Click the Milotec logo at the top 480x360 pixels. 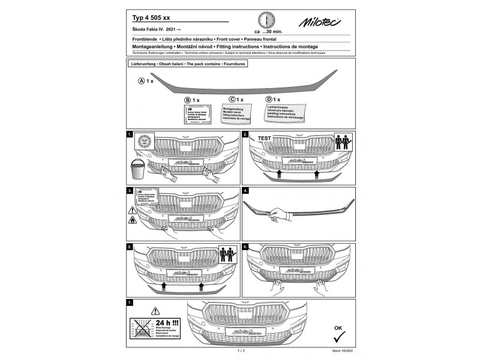point(322,22)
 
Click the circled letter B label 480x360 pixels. point(188,100)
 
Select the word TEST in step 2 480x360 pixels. point(265,138)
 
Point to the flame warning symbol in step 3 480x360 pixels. point(131,221)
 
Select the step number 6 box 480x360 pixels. point(245,247)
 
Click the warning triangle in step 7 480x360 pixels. point(155,311)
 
